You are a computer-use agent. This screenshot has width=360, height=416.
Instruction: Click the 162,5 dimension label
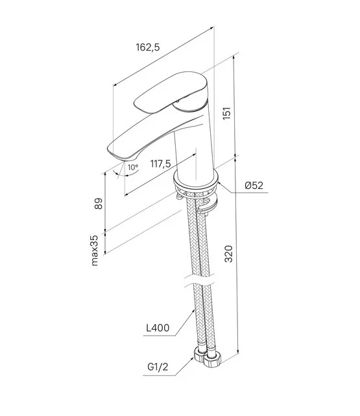click(148, 47)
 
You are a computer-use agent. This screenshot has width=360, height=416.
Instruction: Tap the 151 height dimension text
click(227, 113)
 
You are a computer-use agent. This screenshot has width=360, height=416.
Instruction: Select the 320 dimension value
click(228, 254)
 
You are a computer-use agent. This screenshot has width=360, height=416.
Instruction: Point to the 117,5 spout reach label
click(161, 164)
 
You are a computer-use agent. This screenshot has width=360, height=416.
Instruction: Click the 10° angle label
click(133, 167)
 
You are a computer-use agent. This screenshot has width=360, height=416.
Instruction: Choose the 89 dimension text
click(99, 204)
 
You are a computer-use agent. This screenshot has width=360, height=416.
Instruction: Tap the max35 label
click(94, 250)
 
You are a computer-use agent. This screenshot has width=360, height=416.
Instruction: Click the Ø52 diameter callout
click(254, 186)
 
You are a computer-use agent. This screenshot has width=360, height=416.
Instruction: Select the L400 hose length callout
click(158, 328)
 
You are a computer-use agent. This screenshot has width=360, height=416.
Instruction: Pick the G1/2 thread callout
click(158, 367)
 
